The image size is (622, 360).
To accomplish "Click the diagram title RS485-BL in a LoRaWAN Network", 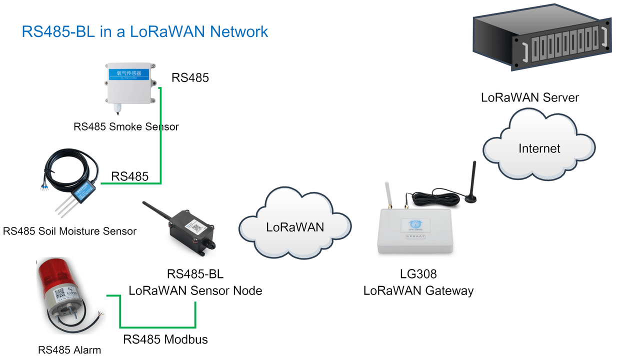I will [x=145, y=32].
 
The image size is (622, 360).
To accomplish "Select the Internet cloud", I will [x=539, y=148].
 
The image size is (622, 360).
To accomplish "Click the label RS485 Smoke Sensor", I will [x=126, y=126].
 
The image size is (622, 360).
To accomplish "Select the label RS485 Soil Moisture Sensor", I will [x=69, y=231].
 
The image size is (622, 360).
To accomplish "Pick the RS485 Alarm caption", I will [x=69, y=350].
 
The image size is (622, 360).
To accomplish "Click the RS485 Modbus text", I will [x=165, y=339].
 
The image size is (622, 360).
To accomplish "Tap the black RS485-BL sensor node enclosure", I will [x=192, y=231].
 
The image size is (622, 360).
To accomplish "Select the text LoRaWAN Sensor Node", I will [x=195, y=290].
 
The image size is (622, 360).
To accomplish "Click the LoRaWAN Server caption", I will [x=529, y=97].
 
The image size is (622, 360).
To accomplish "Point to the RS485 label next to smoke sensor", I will [x=190, y=78].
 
